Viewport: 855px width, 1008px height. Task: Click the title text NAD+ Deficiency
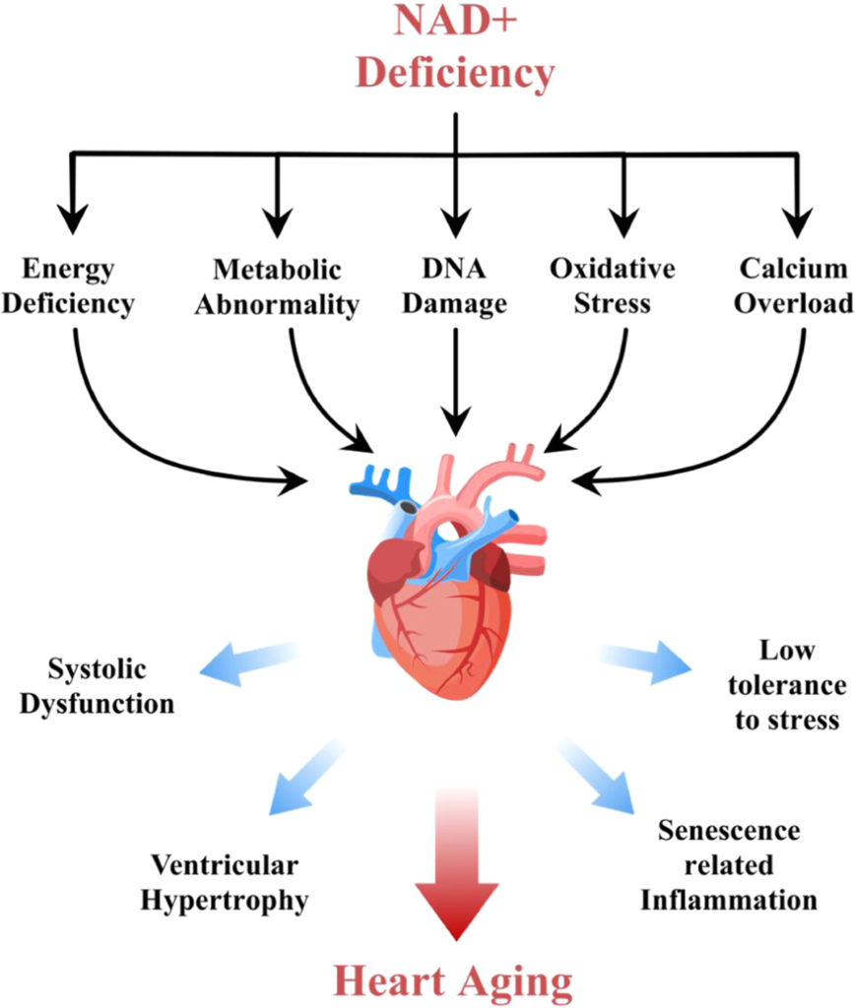[455, 48]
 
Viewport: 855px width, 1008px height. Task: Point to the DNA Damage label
[455, 285]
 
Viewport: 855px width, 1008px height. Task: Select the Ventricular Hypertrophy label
[230, 882]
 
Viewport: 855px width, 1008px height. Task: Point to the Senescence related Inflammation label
[728, 864]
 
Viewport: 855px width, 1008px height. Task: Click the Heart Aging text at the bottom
[453, 980]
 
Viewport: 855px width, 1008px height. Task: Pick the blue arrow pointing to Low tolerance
[646, 660]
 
